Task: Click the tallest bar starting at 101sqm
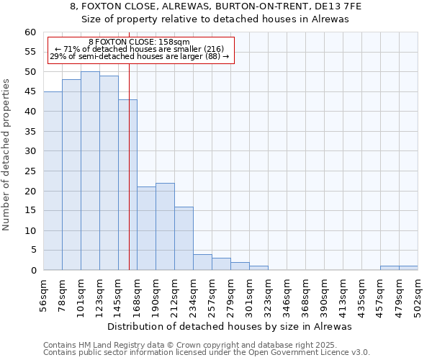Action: point(90,171)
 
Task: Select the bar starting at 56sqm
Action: point(53,181)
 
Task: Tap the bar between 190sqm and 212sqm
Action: point(165,227)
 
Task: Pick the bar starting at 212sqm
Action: point(184,238)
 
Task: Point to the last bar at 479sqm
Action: point(408,268)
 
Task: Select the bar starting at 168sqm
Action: point(146,228)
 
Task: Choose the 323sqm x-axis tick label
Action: point(269,293)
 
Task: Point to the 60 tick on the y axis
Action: point(30,32)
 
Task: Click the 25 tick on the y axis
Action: point(30,171)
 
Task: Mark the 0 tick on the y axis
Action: point(33,271)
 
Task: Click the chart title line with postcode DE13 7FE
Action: point(216,6)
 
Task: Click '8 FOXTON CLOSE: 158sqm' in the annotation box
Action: point(139,42)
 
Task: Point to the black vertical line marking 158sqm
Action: point(129,180)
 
